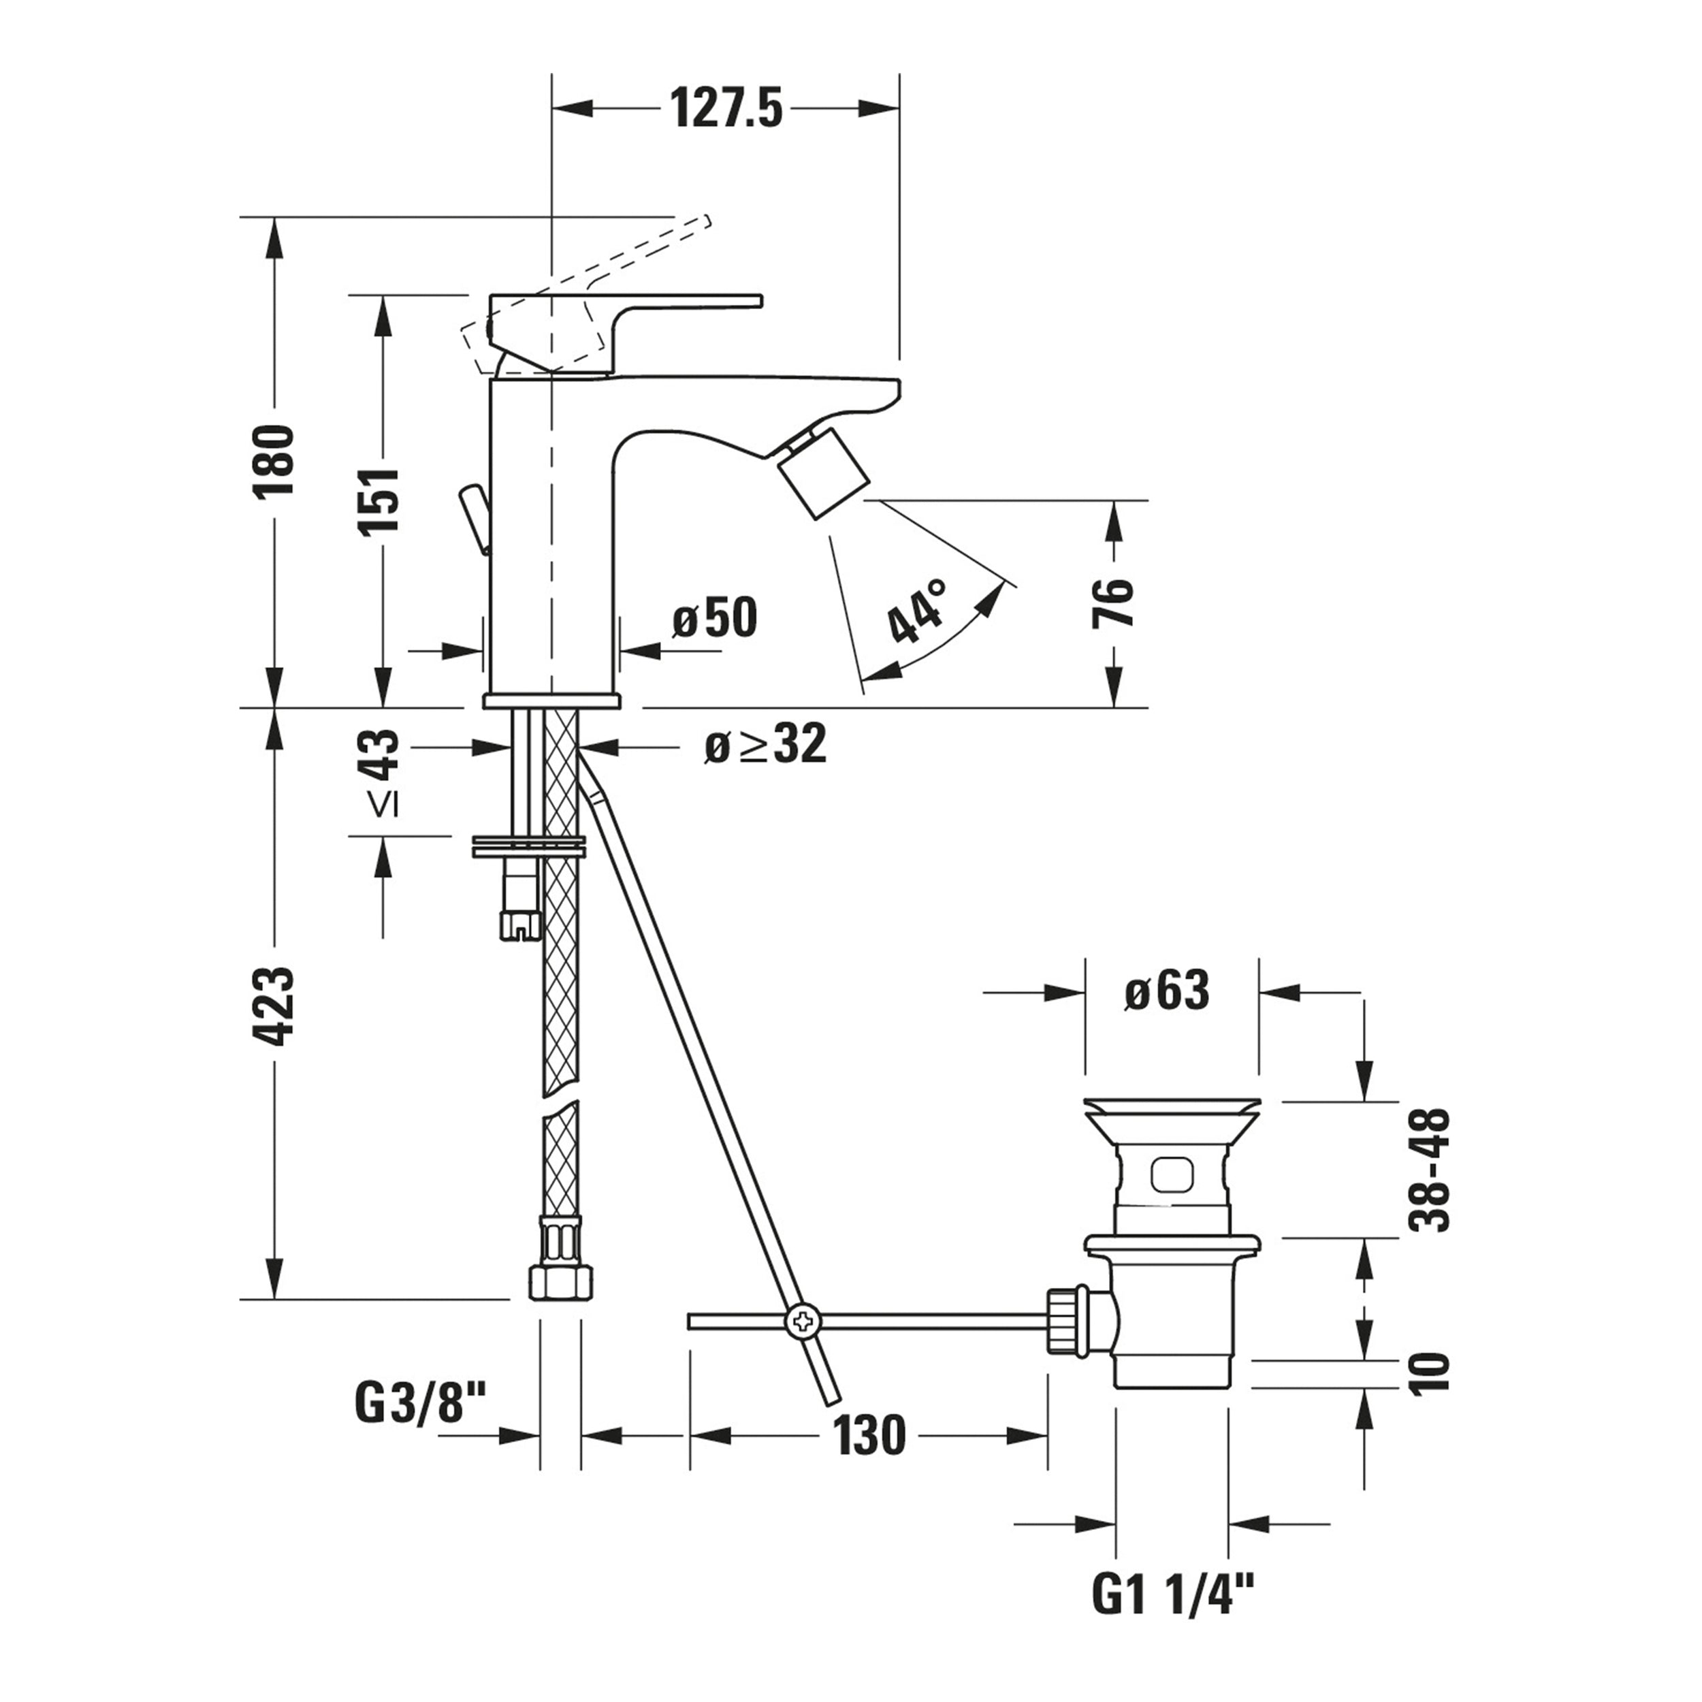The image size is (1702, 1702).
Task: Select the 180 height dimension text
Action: pos(274,462)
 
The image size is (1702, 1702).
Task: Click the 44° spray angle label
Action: pos(916,611)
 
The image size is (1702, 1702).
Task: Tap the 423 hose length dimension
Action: pos(274,1007)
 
